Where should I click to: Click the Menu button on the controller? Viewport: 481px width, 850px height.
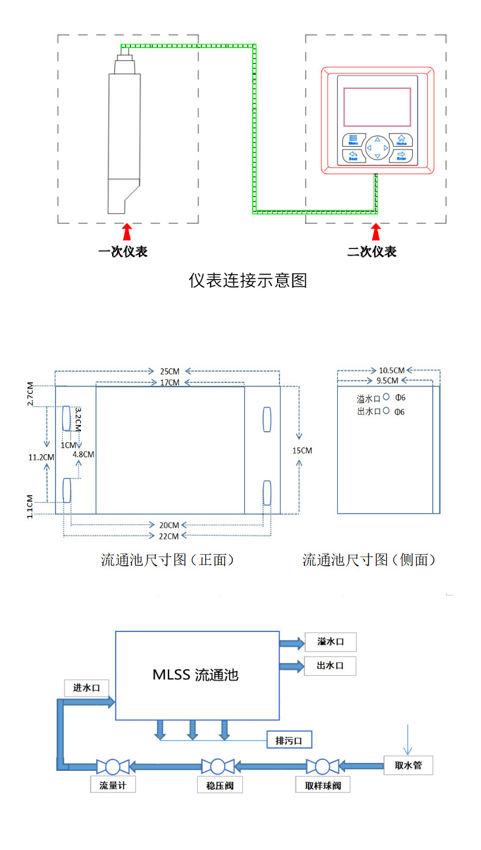(x=353, y=140)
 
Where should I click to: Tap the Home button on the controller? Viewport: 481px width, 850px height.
(x=401, y=140)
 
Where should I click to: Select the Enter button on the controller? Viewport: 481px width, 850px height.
(x=401, y=155)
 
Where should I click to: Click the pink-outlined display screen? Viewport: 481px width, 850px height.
(x=377, y=107)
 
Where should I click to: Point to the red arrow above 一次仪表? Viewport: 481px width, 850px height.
(x=127, y=232)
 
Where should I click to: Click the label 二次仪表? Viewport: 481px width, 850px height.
(x=372, y=251)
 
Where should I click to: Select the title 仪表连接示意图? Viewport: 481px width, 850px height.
(x=248, y=281)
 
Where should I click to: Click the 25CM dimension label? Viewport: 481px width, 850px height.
(x=169, y=371)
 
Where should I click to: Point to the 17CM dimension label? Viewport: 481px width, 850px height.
(x=169, y=382)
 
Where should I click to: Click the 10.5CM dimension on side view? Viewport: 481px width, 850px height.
(x=391, y=370)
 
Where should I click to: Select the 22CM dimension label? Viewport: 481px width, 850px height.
(x=169, y=536)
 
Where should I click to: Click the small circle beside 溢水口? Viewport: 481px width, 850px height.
(x=386, y=398)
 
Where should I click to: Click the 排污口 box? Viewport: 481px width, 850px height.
(x=289, y=740)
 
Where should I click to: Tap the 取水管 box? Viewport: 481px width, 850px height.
(x=408, y=765)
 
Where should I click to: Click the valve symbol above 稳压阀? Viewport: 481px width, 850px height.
(x=214, y=766)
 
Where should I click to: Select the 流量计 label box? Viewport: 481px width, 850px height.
(x=113, y=785)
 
